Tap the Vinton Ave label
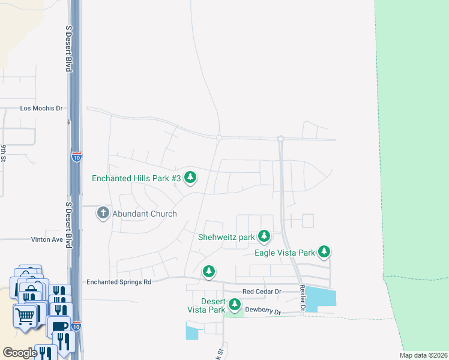click(47, 239)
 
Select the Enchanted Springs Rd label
click(119, 281)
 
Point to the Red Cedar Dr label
click(262, 292)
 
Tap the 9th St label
click(4, 154)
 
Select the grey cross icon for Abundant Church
click(103, 213)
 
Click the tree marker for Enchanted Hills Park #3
click(190, 177)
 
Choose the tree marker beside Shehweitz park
click(264, 236)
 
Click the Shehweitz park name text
click(227, 237)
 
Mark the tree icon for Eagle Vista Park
click(324, 252)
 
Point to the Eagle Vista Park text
click(285, 253)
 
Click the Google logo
click(20, 353)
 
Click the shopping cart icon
click(25, 314)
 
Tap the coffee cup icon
click(59, 327)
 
